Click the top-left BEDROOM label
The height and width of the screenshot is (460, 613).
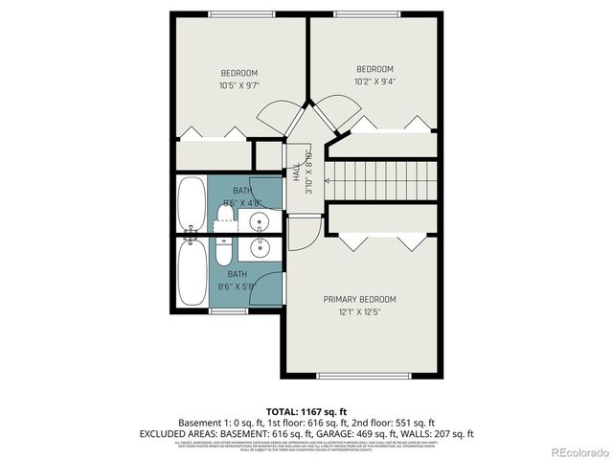[x=239, y=73]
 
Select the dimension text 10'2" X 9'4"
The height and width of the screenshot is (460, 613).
[x=375, y=81]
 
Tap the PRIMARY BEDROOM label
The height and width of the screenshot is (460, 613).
[x=359, y=300]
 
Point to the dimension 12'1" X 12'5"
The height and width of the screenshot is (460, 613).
[x=359, y=312]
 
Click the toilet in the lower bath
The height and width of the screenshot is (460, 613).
[x=223, y=254]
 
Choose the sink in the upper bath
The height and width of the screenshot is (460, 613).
[x=259, y=222]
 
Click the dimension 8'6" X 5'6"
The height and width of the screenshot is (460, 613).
[x=237, y=286]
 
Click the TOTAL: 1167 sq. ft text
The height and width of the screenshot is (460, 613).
[x=306, y=409]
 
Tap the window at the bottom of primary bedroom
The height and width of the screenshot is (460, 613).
[x=365, y=375]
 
